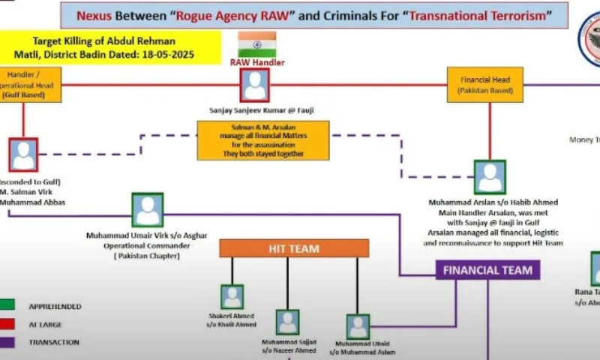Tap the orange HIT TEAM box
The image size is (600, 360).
pos(294,248)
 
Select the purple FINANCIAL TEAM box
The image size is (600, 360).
pos(487,270)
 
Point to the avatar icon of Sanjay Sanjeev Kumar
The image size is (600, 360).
pos(255,85)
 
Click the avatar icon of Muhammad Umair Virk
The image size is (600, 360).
pos(148,210)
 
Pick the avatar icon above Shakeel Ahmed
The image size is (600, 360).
pos(232,297)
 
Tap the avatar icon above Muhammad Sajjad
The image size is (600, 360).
pos(287,322)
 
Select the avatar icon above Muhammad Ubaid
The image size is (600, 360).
pos(358,326)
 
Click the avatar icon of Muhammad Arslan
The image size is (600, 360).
pos(490,177)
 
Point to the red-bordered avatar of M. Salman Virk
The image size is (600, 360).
pos(23,154)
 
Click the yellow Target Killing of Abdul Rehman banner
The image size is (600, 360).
pos(111,46)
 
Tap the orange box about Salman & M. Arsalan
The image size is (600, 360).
pos(263,140)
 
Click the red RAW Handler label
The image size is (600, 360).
pos(257,63)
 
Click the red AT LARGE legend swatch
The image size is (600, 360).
pos(6,324)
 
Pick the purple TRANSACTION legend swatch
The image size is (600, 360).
pos(6,342)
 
